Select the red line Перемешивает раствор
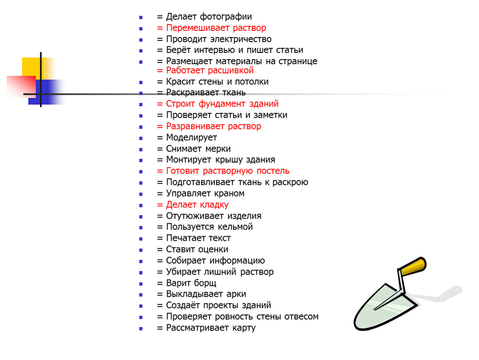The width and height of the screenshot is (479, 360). click(x=212, y=28)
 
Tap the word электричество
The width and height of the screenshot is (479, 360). click(x=241, y=39)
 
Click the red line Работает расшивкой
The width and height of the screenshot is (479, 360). click(x=205, y=70)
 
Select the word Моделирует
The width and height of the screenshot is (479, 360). click(x=192, y=138)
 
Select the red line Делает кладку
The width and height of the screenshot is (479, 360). click(x=193, y=205)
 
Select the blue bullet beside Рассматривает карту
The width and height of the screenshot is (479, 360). click(x=141, y=329)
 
